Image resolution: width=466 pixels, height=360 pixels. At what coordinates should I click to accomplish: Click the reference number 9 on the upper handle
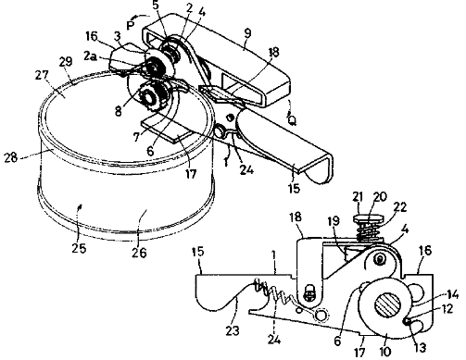[x=247, y=34]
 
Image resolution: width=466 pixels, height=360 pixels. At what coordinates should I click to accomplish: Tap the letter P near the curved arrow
[x=131, y=25]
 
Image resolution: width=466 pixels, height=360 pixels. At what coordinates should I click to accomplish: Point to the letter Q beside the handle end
[x=292, y=119]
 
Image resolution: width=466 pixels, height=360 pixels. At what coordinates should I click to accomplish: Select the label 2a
[x=90, y=56]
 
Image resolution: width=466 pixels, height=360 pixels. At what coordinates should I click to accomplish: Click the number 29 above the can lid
[x=66, y=62]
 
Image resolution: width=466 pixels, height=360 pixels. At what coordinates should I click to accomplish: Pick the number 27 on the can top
[x=42, y=75]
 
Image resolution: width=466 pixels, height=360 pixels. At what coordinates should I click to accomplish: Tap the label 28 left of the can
[x=11, y=157]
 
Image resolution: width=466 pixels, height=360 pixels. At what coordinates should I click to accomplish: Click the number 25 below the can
[x=79, y=248]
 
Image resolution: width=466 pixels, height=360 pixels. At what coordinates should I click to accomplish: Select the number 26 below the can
[x=139, y=253]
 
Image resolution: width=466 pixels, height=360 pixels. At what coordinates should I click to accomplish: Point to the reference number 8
[x=119, y=110]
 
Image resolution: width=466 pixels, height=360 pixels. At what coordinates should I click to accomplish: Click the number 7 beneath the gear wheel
[x=137, y=136]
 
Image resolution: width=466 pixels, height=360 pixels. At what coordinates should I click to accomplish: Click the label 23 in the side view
[x=233, y=330]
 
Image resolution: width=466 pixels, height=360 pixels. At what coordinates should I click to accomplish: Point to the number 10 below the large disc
[x=385, y=351]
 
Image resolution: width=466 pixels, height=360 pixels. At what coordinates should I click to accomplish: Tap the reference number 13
[x=420, y=348]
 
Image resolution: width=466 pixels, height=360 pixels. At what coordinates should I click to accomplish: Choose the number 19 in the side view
[x=334, y=221]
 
